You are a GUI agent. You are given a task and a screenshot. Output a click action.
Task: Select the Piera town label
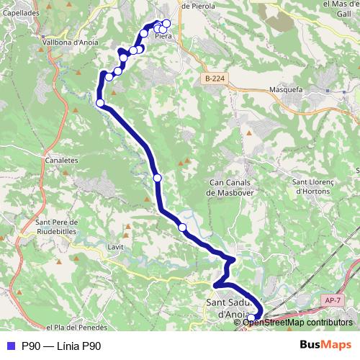pos(163,36)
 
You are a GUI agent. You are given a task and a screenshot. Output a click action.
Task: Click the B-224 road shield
pos(214,78)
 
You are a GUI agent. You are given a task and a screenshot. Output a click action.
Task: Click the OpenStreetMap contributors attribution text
pos(297,322)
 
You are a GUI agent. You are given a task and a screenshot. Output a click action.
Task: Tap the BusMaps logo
pos(325,346)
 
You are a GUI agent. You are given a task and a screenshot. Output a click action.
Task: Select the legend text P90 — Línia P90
pos(61,346)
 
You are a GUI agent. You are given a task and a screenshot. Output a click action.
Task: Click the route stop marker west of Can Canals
pos(158,178)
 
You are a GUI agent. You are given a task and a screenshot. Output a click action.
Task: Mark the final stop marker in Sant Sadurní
pos(251,318)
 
